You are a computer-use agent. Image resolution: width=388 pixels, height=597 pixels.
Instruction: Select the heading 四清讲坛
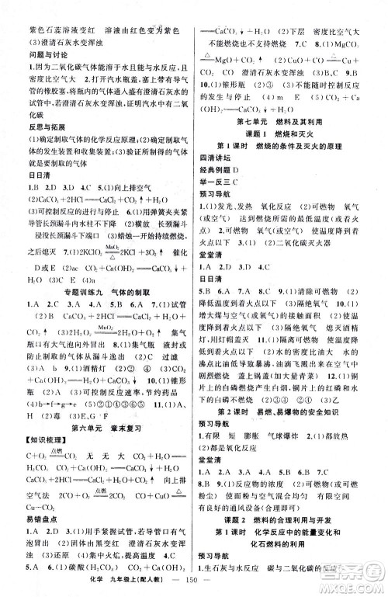pyautogui.click(x=220, y=169)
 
